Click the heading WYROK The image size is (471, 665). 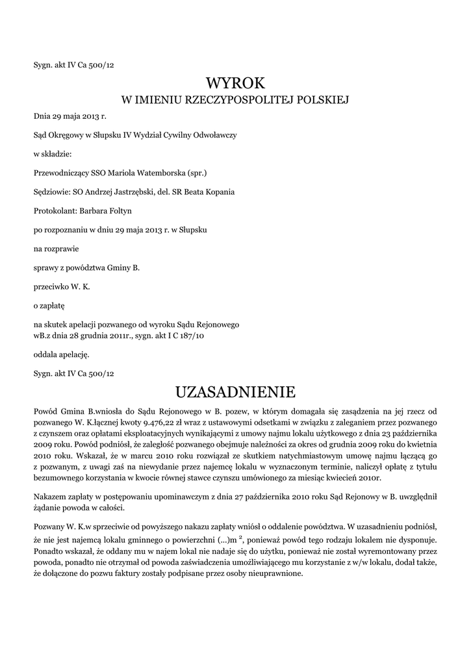[x=235, y=83]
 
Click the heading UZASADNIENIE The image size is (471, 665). [x=235, y=392]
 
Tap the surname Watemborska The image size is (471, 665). [x=155, y=173]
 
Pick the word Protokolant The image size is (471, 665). [x=54, y=210]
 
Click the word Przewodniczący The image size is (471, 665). [x=61, y=173]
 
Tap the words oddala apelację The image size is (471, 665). [x=61, y=355]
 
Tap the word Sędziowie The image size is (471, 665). [x=51, y=192]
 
